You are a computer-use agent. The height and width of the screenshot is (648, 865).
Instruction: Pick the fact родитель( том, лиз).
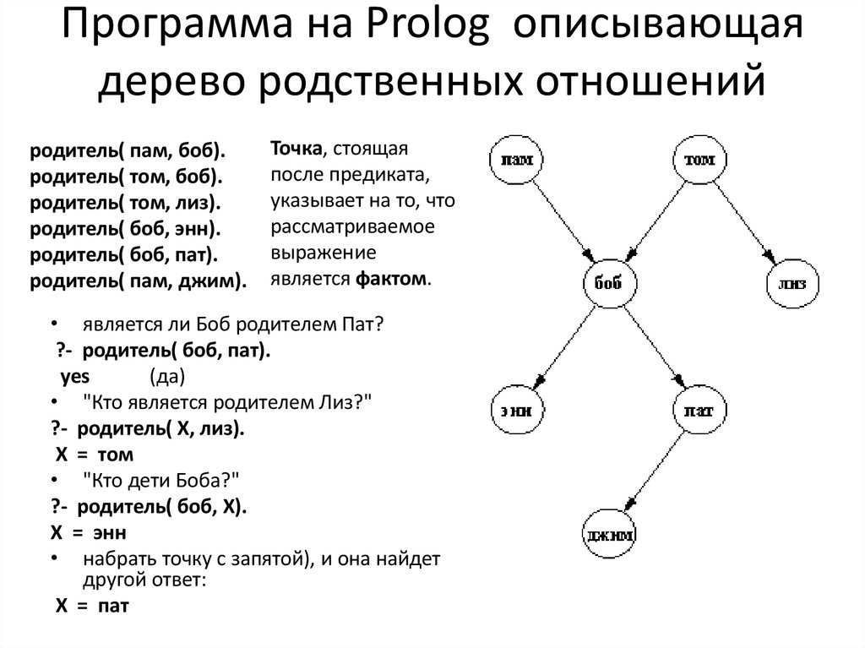[125, 204]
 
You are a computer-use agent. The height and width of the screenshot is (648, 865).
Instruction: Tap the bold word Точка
[296, 149]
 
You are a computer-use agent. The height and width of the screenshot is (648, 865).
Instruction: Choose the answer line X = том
[94, 455]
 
